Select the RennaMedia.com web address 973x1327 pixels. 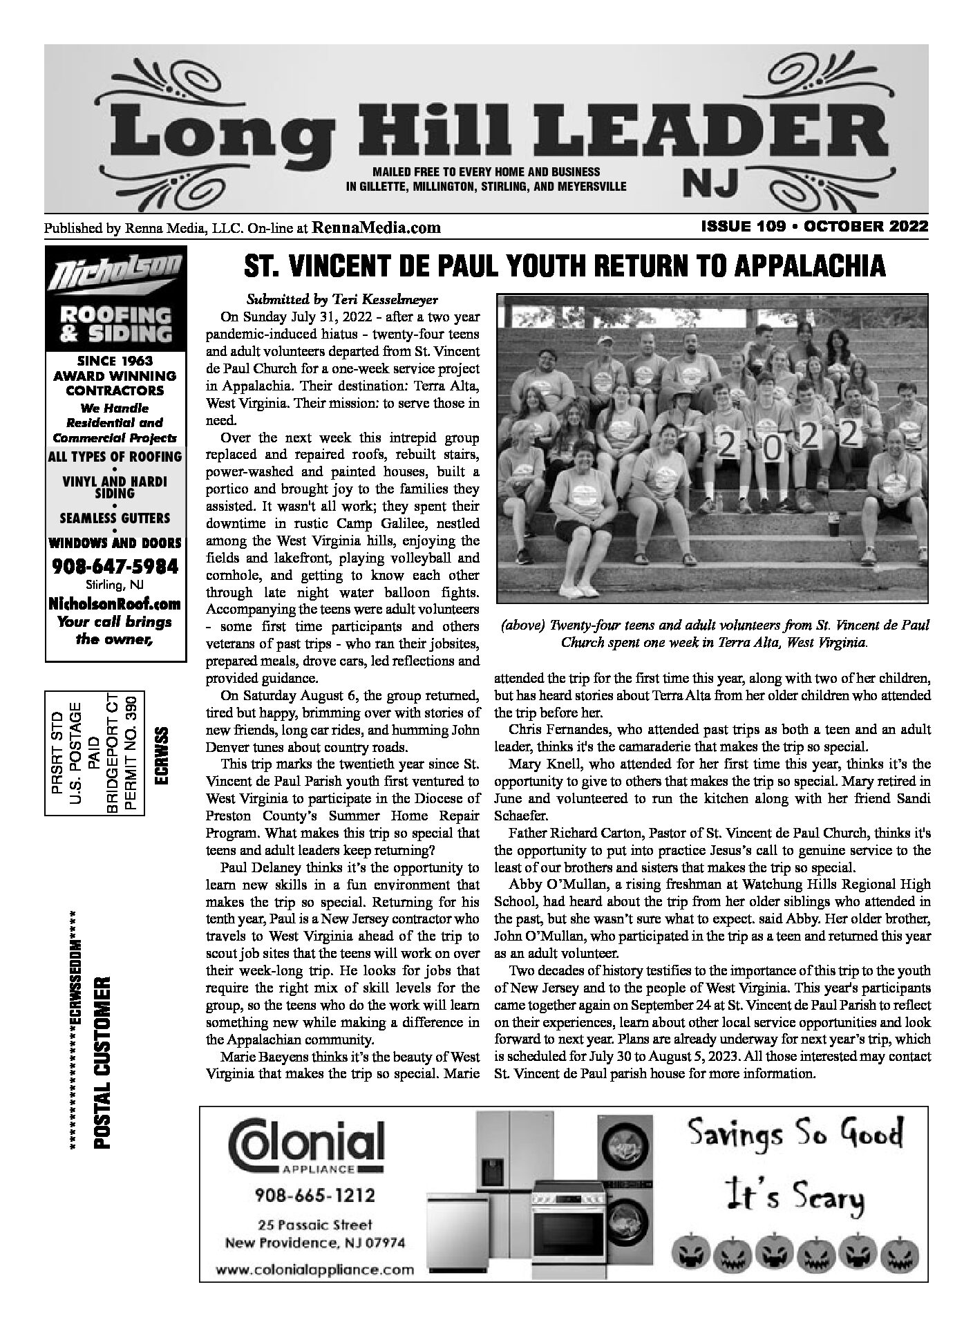point(377,227)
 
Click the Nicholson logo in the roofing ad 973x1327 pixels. point(115,275)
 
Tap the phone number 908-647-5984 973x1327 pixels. point(115,566)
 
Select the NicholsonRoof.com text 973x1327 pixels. point(115,603)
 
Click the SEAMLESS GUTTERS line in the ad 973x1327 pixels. point(115,517)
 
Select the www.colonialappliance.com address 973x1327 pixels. point(314,1270)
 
